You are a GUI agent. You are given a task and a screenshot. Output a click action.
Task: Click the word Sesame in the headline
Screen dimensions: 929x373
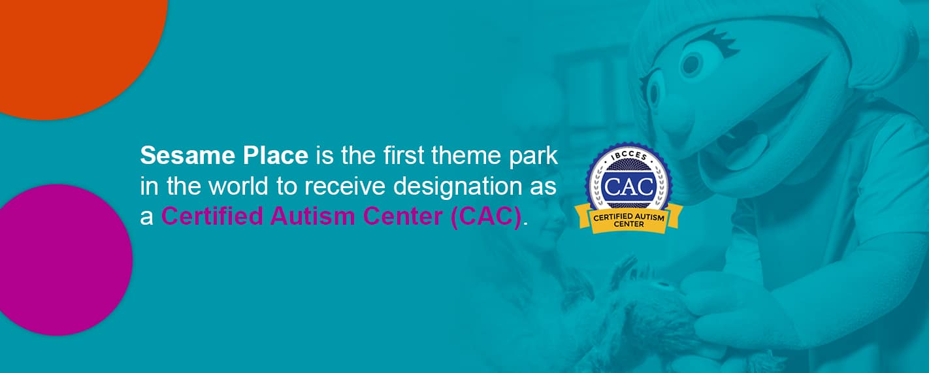point(188,155)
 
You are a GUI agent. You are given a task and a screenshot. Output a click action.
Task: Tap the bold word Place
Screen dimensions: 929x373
point(276,155)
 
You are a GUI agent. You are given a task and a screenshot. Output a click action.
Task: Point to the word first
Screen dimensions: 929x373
point(404,155)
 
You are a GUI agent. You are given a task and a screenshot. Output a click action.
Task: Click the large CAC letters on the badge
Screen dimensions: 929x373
point(628,187)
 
